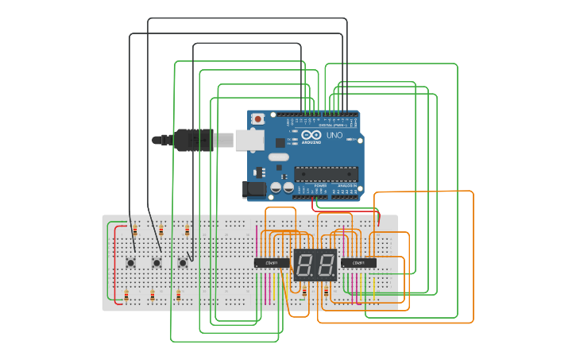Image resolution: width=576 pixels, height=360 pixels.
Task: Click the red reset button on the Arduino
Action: (257, 118)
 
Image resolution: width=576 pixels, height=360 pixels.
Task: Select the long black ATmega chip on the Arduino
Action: (326, 173)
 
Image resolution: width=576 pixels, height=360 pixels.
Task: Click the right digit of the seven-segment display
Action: (326, 265)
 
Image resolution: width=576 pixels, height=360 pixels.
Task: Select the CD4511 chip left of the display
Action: (271, 262)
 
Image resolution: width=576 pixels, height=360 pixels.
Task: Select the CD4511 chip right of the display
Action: (358, 262)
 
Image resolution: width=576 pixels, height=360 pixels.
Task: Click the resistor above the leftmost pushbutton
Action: (135, 231)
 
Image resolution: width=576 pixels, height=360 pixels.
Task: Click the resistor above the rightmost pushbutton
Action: (187, 231)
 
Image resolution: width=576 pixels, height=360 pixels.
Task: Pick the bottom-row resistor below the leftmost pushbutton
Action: (126, 296)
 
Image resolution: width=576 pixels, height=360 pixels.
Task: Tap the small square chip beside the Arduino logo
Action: (280, 143)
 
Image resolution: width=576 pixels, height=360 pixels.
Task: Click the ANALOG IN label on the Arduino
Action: (346, 186)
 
